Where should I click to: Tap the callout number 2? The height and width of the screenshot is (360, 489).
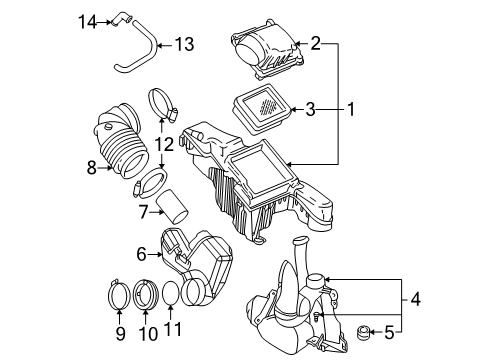coord(316,43)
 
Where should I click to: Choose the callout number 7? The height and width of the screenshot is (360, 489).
coord(143,212)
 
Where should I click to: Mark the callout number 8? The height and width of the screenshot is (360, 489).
coord(92,168)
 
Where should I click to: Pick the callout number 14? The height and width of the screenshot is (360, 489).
coord(86,19)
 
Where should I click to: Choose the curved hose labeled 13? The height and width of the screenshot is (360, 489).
coord(140,50)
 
